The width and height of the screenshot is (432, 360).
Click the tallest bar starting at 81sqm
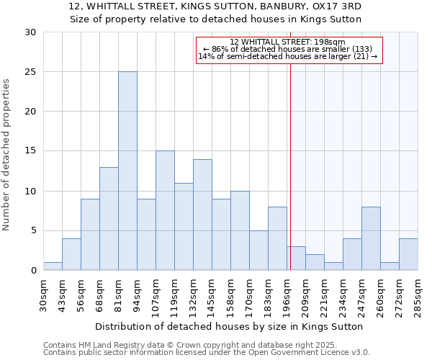coord(127,171)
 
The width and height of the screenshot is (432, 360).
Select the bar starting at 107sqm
coord(165,210)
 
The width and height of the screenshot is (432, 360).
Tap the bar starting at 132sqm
coord(202,215)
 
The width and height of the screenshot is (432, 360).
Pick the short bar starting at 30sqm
coord(53,266)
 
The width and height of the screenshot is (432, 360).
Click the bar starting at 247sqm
coord(371,238)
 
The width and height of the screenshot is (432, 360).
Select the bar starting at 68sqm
coord(109,219)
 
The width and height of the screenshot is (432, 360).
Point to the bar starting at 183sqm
coord(277,238)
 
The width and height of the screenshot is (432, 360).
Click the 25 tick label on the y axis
coord(30,72)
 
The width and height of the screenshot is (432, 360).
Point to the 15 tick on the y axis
coord(30,151)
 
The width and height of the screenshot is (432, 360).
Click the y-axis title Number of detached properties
coord(7,155)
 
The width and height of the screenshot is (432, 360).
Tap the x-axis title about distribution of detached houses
coord(229,326)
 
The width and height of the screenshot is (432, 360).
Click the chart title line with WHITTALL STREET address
coord(215,6)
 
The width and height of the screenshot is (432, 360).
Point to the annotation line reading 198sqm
coord(288,42)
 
